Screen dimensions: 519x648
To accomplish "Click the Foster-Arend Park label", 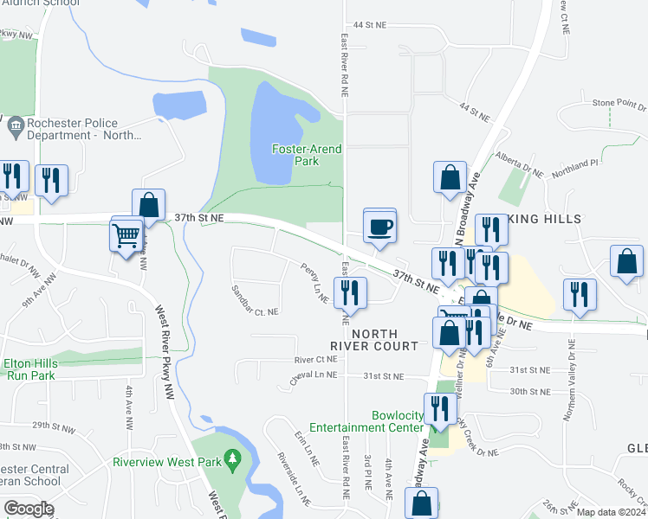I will tap(307, 155).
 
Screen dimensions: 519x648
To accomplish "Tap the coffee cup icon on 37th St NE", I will tap(379, 227).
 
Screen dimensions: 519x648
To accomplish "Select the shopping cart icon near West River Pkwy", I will tap(126, 234).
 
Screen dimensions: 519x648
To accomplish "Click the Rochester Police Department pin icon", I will tap(15, 128).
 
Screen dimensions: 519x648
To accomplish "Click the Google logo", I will tap(29, 508).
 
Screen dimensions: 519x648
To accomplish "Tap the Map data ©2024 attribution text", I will tap(611, 512).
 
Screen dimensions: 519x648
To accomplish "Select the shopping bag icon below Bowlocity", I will tap(421, 503).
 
